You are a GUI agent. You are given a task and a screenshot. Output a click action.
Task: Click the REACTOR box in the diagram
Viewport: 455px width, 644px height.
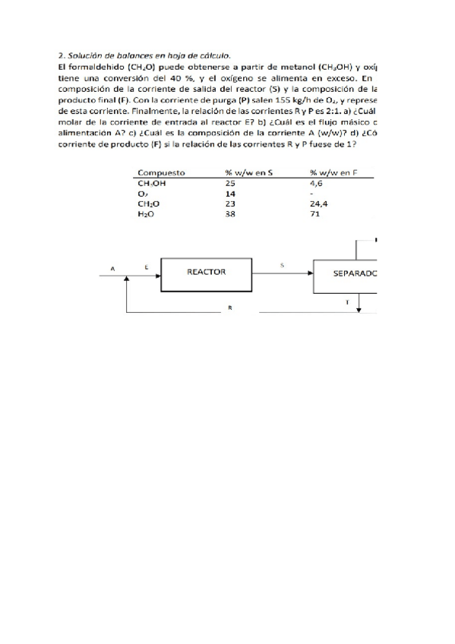[206, 272]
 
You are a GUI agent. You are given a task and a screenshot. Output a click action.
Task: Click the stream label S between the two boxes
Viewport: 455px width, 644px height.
[282, 265]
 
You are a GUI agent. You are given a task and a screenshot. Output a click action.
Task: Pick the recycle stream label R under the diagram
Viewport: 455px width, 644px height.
[229, 308]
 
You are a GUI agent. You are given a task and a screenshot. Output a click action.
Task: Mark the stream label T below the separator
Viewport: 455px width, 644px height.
[348, 301]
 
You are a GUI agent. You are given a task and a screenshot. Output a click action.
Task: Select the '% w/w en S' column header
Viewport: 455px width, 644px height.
[248, 173]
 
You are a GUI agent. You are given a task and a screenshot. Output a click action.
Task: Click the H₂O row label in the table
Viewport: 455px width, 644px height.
[145, 215]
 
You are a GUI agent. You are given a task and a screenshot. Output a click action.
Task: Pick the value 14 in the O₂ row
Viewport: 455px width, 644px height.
[231, 194]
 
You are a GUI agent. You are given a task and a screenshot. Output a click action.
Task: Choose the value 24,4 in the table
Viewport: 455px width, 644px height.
[319, 204]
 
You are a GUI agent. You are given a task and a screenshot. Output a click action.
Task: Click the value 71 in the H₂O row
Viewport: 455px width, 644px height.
[315, 215]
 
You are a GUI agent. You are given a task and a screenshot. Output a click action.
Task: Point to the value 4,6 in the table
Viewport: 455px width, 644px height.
[317, 183]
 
